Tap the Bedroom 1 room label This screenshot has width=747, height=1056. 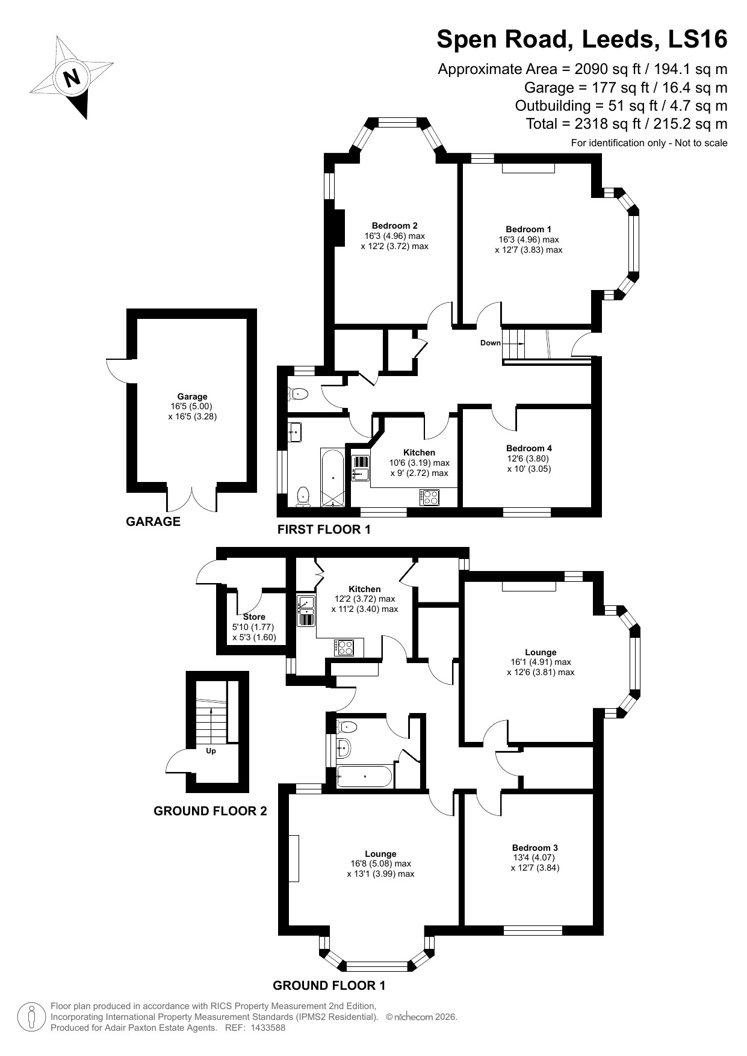(528, 229)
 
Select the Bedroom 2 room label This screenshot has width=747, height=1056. (394, 226)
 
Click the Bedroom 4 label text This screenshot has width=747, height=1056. (528, 448)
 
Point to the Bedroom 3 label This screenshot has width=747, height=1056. (535, 848)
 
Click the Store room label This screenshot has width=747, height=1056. (254, 617)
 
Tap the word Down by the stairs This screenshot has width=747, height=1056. (490, 343)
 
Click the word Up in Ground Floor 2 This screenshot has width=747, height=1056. (211, 751)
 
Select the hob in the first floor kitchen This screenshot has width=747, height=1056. (430, 498)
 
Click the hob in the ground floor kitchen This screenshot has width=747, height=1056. (345, 647)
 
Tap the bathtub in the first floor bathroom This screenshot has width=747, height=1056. (333, 477)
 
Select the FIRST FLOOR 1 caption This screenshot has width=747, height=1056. (324, 530)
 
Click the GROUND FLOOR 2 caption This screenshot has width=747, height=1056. (210, 811)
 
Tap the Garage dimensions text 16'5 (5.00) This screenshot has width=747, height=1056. (191, 406)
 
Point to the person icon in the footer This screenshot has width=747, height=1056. (31, 1017)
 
